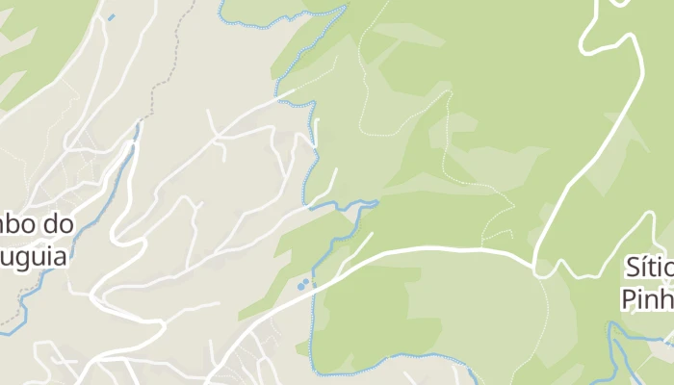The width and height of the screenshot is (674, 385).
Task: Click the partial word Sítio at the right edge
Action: (647, 267)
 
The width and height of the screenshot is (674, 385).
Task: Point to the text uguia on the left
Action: (34, 258)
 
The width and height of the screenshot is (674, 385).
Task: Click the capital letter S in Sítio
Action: (631, 267)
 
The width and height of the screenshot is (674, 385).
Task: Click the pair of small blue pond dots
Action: (303, 284)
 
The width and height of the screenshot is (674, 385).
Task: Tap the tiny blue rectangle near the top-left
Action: (111, 17)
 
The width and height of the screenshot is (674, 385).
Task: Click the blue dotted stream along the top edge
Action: (279, 21)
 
